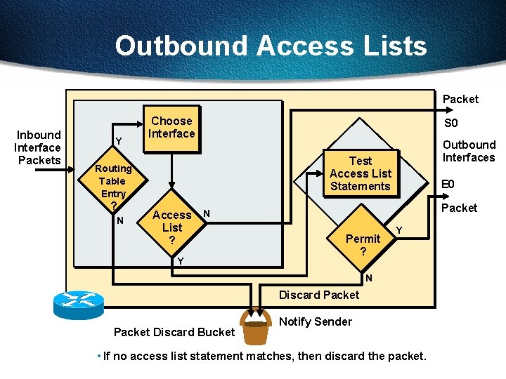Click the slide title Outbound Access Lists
point(271,46)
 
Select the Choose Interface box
point(171,127)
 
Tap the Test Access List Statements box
point(360,173)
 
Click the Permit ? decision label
point(363,244)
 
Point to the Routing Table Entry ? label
point(113,187)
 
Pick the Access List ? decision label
point(171,227)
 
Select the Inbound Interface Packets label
point(38,147)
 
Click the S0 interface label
point(450,124)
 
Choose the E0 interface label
point(448,185)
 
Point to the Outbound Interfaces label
point(468,151)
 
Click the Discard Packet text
point(319,295)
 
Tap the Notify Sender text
point(316,321)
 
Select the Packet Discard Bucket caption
point(174,331)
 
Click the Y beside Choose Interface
point(119,142)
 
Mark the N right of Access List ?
point(207,213)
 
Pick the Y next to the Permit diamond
point(399,230)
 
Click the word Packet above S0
point(460,99)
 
